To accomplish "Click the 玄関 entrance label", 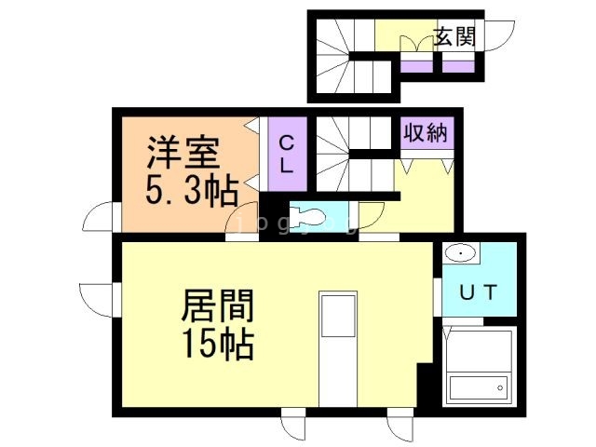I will pos(454,37).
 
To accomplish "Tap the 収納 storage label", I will pos(426,133).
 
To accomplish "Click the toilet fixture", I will pos(307,217).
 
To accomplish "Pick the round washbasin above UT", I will pos(460,253).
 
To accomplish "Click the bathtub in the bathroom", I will pos(479,386).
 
